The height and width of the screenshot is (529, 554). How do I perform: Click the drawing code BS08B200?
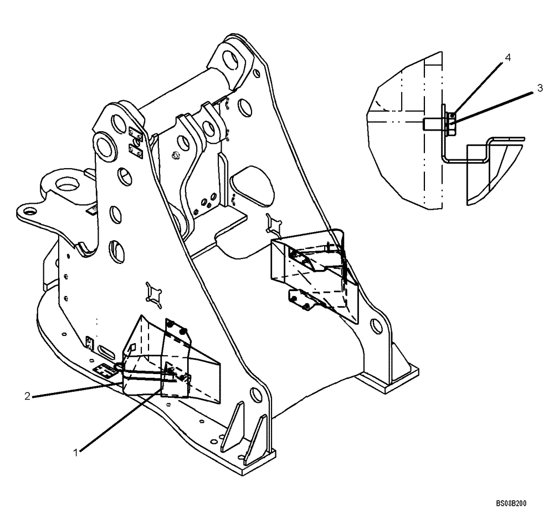[511, 504]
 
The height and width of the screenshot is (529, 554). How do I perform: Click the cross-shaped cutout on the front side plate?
[153, 293]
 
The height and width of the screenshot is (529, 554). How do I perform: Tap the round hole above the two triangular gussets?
[256, 395]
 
